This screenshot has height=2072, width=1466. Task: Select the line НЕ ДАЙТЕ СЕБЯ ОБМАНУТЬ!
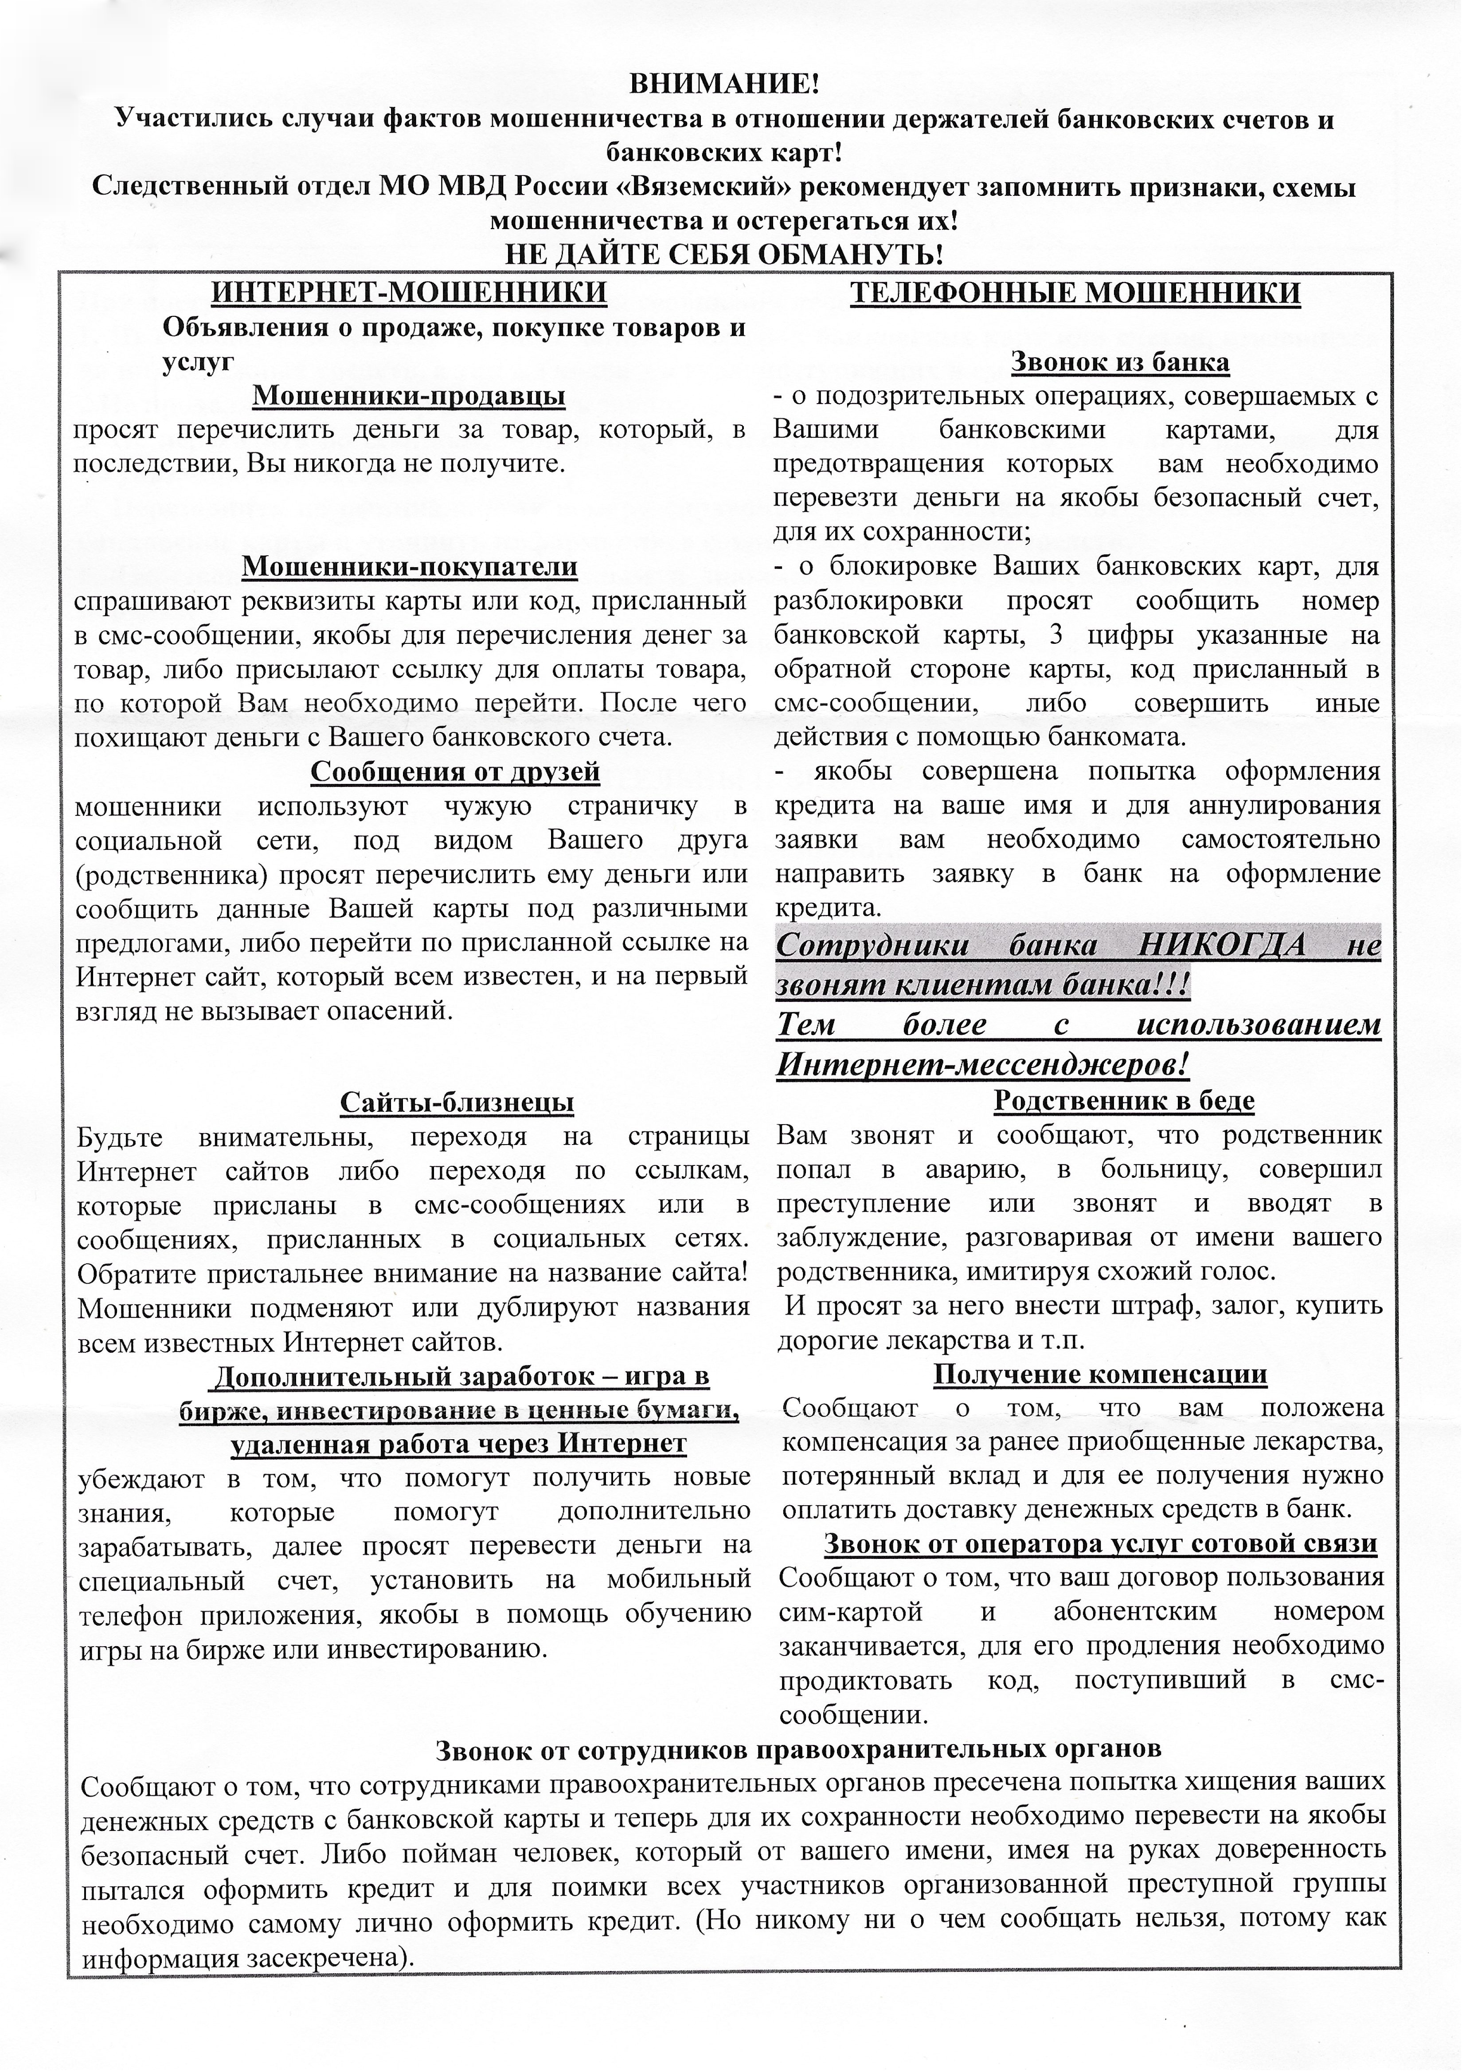(724, 254)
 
